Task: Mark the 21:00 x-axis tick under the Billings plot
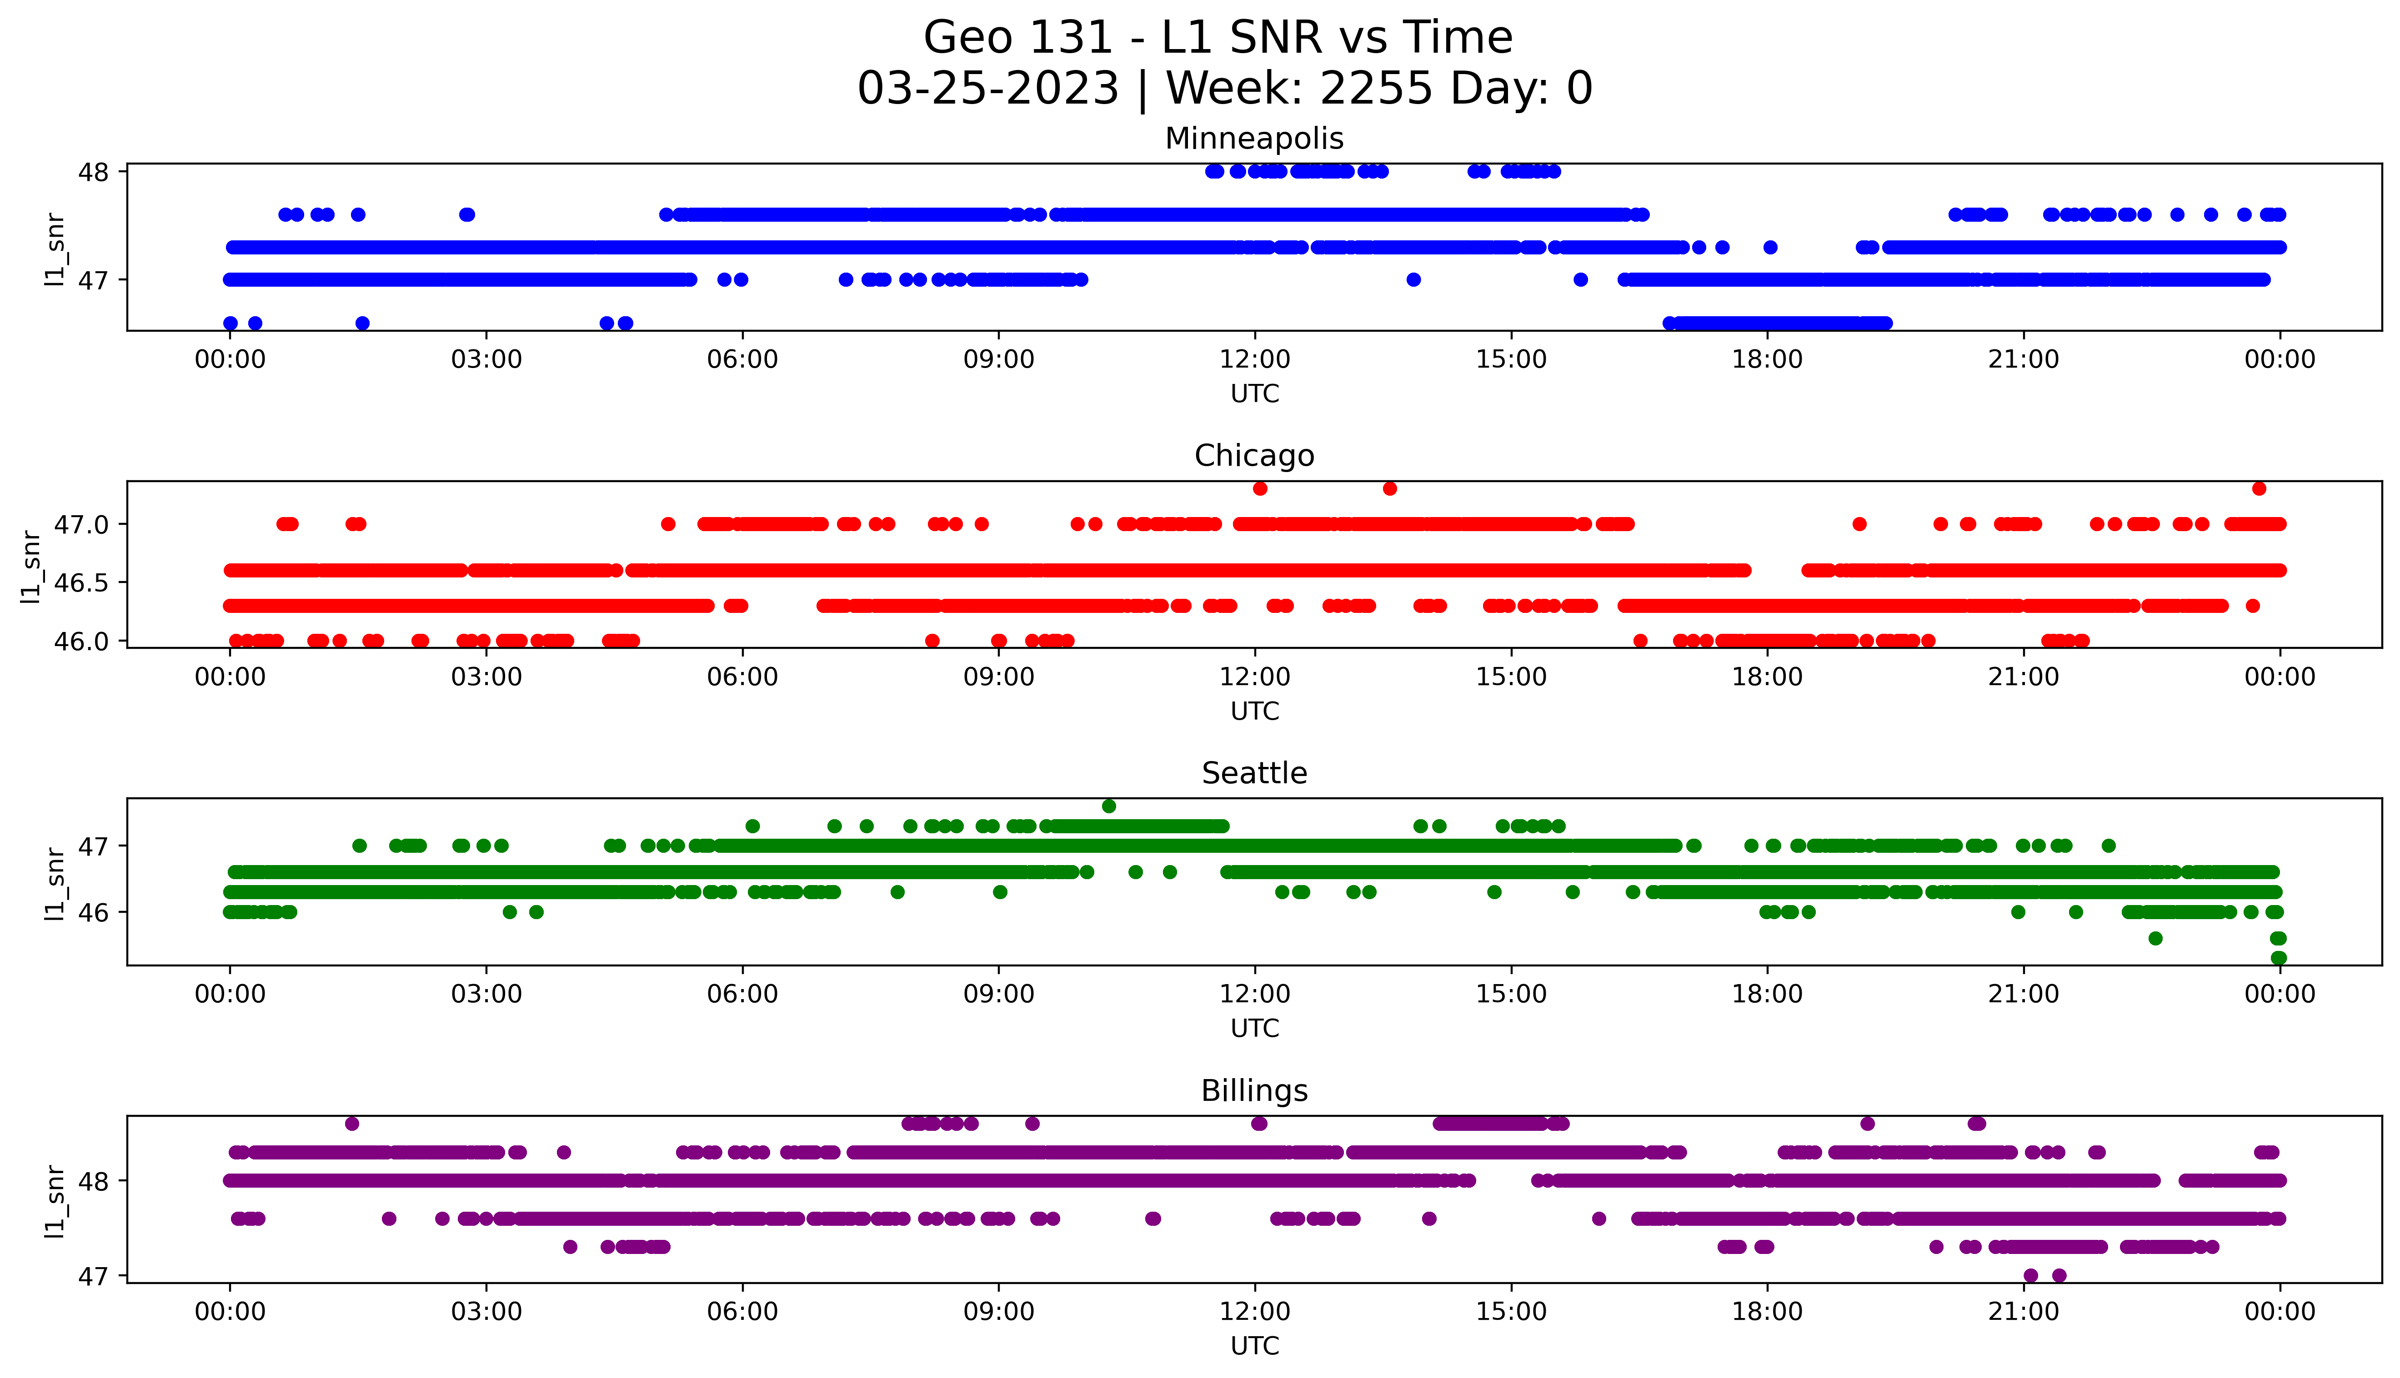click(x=2023, y=1312)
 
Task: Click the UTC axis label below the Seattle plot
click(x=1254, y=1028)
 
